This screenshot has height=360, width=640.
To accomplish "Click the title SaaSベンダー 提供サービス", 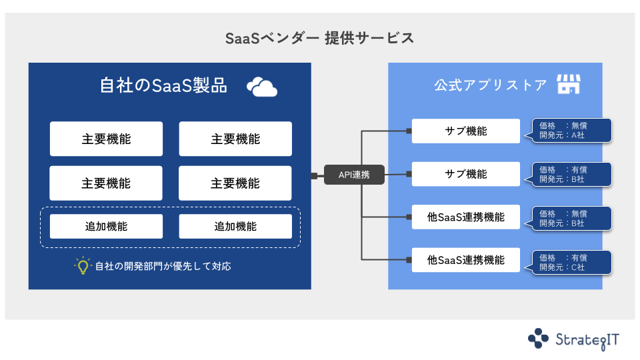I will (x=320, y=38).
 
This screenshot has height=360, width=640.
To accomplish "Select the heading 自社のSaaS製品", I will (x=163, y=86).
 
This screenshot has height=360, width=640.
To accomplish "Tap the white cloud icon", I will (x=261, y=87).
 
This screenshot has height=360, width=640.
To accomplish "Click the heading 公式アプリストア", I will (x=490, y=86).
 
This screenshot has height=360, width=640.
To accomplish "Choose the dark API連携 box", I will (x=354, y=175).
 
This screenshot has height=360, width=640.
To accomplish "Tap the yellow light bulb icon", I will (x=82, y=266).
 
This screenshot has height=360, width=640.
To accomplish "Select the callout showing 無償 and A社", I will (x=572, y=131).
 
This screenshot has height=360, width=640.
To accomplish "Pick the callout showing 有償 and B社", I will (x=572, y=174).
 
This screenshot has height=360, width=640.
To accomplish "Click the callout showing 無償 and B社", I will (x=572, y=218).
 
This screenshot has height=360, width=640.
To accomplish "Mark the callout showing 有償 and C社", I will (x=572, y=261).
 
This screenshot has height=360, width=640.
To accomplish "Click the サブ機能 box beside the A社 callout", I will (x=465, y=131).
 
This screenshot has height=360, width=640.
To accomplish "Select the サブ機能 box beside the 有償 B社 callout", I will (x=465, y=174).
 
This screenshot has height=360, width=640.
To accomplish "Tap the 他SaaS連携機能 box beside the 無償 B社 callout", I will (x=465, y=217).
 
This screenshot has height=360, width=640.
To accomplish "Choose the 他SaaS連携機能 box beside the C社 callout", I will (x=465, y=260).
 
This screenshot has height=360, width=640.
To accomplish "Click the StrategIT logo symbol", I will (x=538, y=339).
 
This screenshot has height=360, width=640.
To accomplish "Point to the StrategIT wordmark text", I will (x=587, y=339).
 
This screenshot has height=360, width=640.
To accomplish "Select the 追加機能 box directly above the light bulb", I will (x=105, y=226).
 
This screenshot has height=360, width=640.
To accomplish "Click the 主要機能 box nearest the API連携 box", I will (x=235, y=183).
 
